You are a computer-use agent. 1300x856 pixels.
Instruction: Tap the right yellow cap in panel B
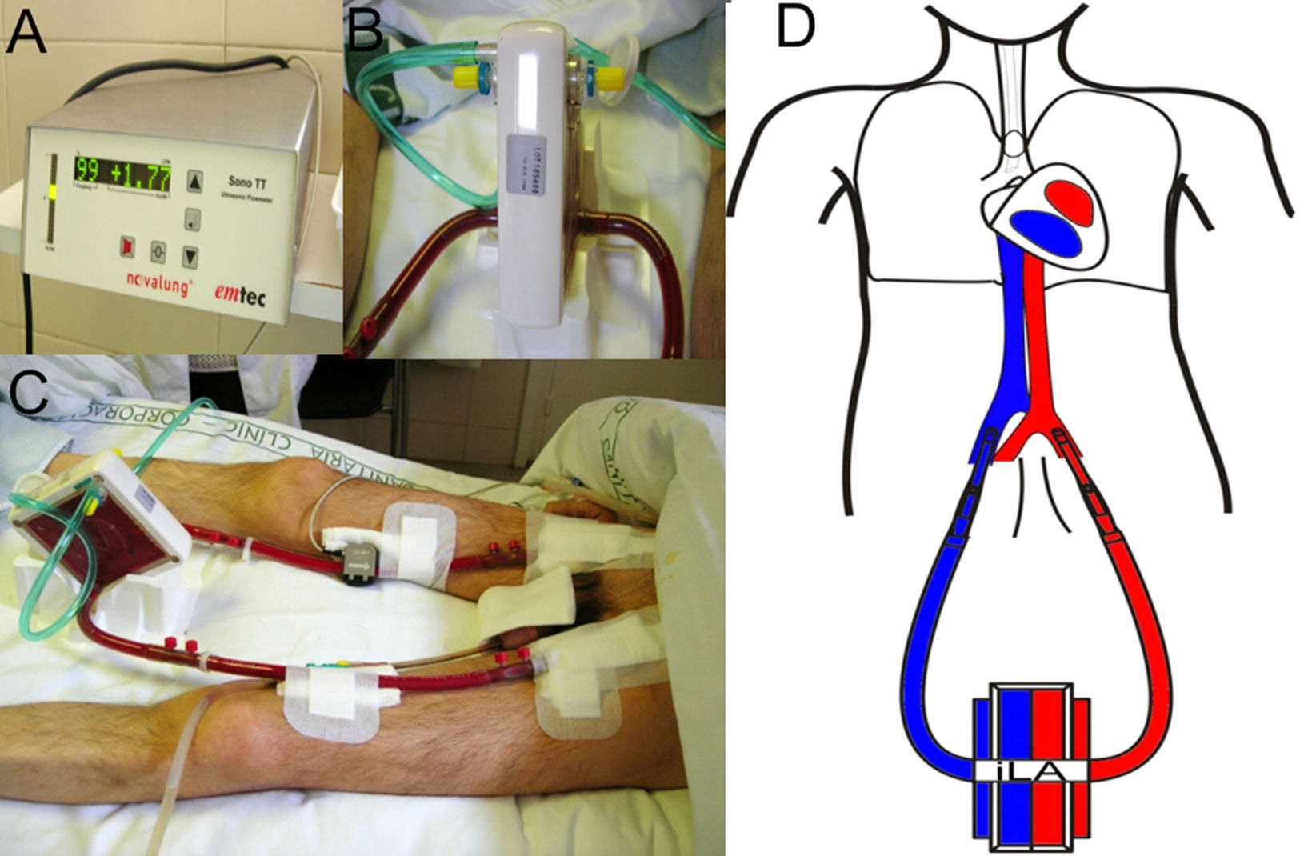(610, 78)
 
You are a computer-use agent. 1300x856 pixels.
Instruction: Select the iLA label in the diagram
(1029, 769)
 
